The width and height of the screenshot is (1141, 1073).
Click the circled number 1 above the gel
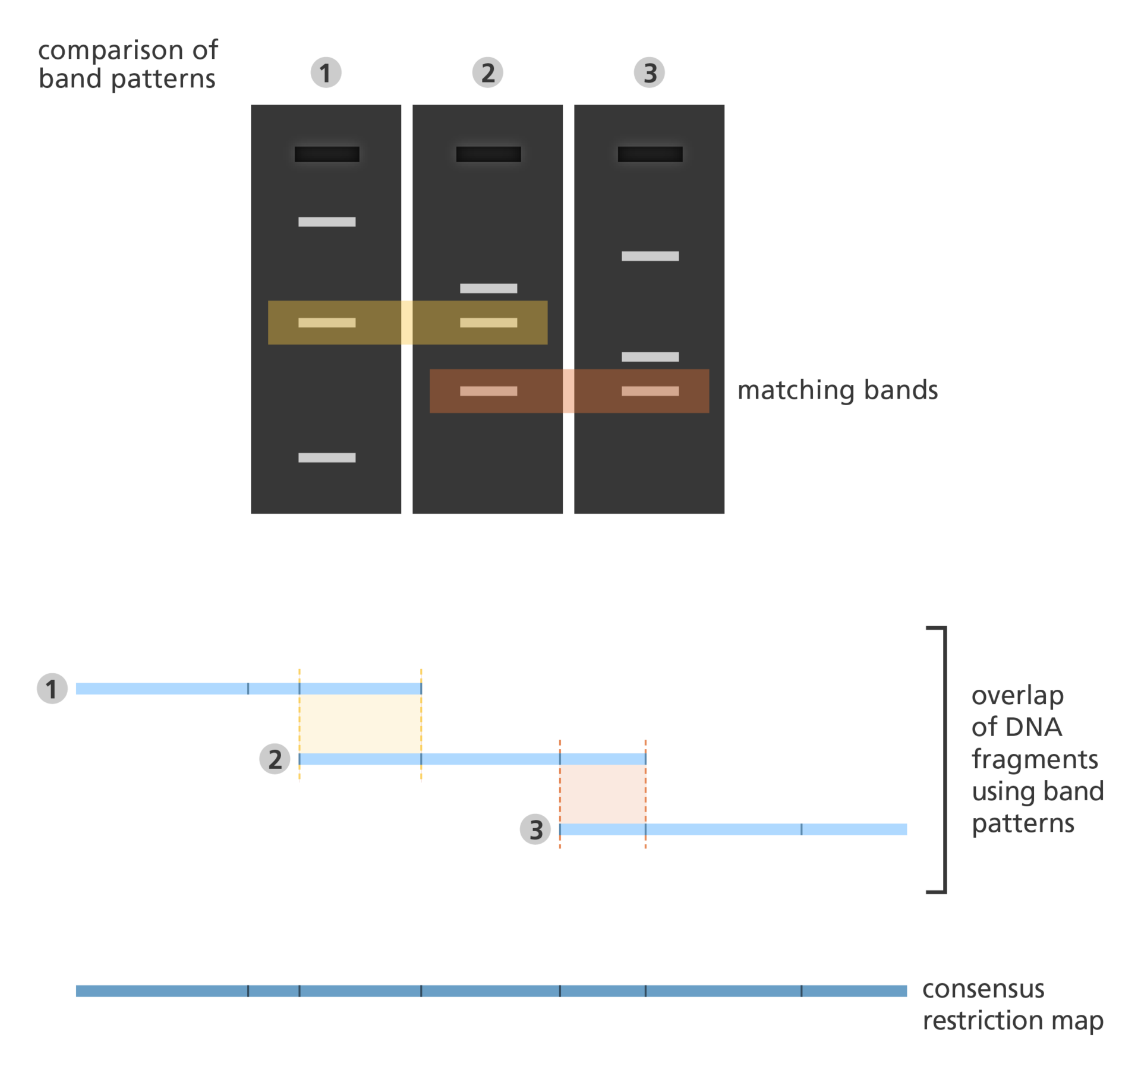(326, 72)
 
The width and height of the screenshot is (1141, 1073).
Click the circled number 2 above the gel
(487, 72)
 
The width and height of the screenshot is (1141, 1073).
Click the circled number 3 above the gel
(649, 72)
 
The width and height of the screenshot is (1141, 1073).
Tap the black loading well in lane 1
(327, 154)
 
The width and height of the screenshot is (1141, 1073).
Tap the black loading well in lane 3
(650, 154)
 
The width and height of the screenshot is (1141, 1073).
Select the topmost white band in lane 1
(327, 222)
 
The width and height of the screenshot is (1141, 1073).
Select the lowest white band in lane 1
(327, 457)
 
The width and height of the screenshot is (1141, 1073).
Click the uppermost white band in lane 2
(488, 288)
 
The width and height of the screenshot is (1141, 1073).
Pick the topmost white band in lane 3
(650, 256)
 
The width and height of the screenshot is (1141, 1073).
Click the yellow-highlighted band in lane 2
(488, 323)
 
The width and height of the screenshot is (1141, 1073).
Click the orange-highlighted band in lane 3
(650, 391)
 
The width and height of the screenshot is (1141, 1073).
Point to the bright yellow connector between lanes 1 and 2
(407, 323)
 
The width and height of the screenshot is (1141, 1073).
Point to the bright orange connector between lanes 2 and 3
(569, 391)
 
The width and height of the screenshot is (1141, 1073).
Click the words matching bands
(837, 390)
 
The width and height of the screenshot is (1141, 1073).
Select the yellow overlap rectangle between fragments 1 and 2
(360, 724)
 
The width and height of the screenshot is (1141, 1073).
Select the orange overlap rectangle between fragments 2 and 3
(603, 794)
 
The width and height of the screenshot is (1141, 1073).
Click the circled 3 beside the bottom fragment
(535, 829)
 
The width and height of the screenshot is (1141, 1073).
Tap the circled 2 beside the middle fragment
(275, 759)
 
